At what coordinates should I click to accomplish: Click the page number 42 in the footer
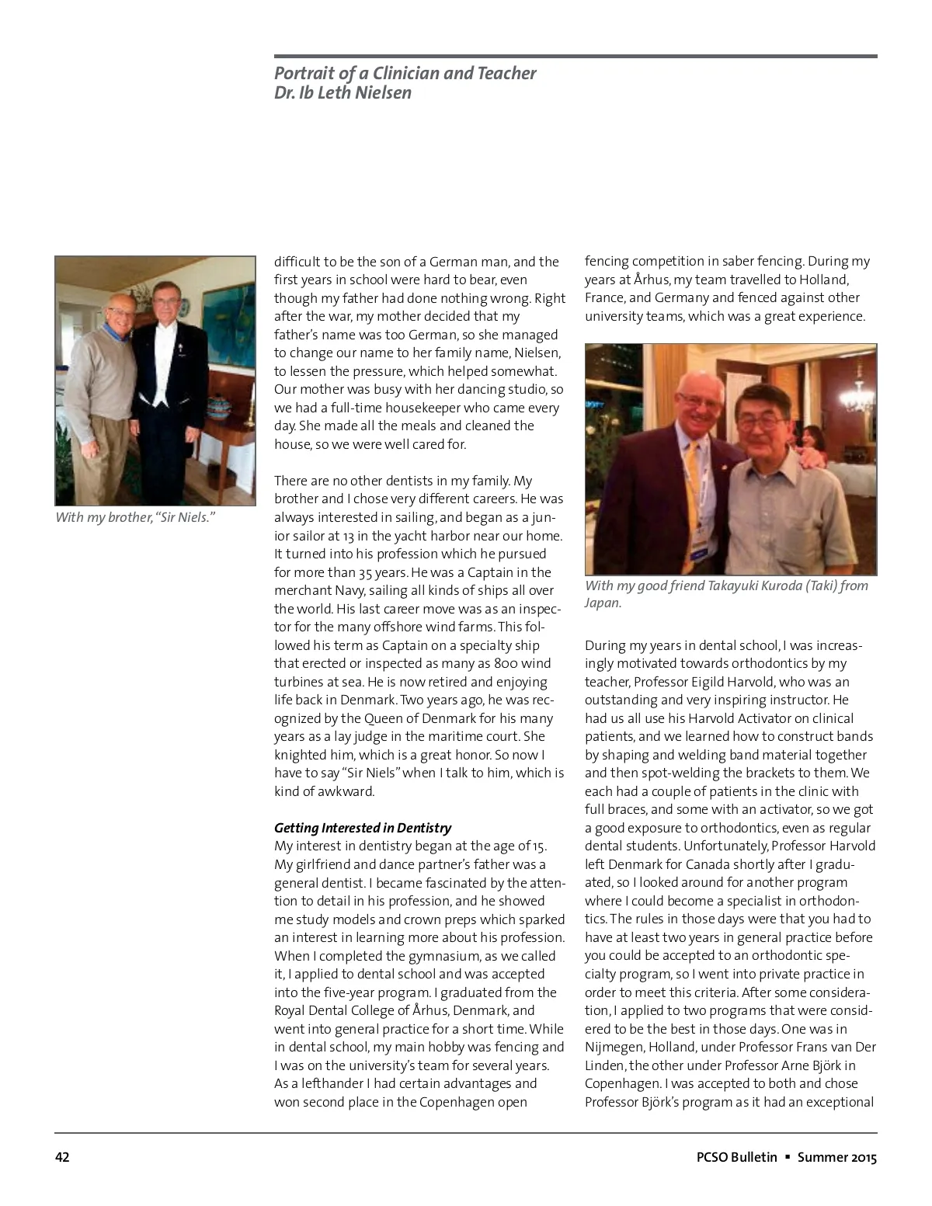62,1157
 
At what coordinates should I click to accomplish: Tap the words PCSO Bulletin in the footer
736,1157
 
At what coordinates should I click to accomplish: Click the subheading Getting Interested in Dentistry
362,828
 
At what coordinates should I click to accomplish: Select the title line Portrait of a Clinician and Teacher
405,73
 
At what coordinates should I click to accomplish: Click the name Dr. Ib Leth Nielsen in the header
343,93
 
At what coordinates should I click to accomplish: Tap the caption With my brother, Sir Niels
134,517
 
